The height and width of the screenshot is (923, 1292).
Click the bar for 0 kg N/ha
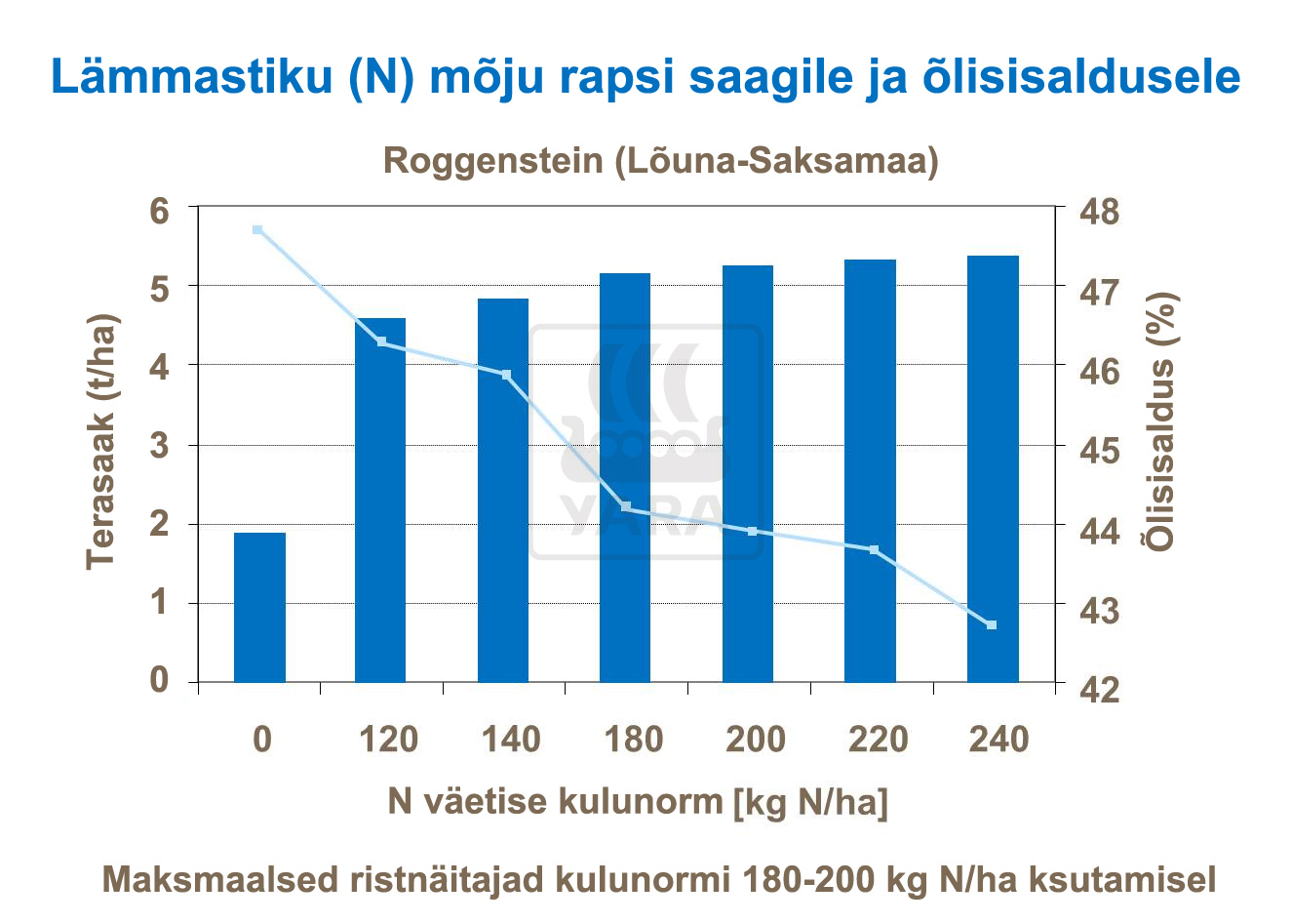coord(259,607)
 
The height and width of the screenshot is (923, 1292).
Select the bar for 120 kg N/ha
coord(380,500)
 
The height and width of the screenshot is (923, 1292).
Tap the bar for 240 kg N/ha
coord(993,468)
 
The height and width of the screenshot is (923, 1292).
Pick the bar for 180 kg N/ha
coord(625,477)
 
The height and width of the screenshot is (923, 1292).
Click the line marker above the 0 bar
coord(257,230)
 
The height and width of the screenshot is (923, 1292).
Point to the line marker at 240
coord(992,624)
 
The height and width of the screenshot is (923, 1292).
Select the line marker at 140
coord(506,375)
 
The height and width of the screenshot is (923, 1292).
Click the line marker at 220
coord(874,550)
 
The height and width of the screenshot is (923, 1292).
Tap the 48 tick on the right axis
coord(1097,212)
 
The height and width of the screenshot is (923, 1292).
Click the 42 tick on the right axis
coord(1097,686)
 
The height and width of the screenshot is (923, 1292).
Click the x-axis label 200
coord(756,740)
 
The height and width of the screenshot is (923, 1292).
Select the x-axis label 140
coord(511,740)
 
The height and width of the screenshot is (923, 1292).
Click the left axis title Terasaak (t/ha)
coord(102,442)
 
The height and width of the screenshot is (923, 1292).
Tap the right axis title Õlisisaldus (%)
coord(1161,421)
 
